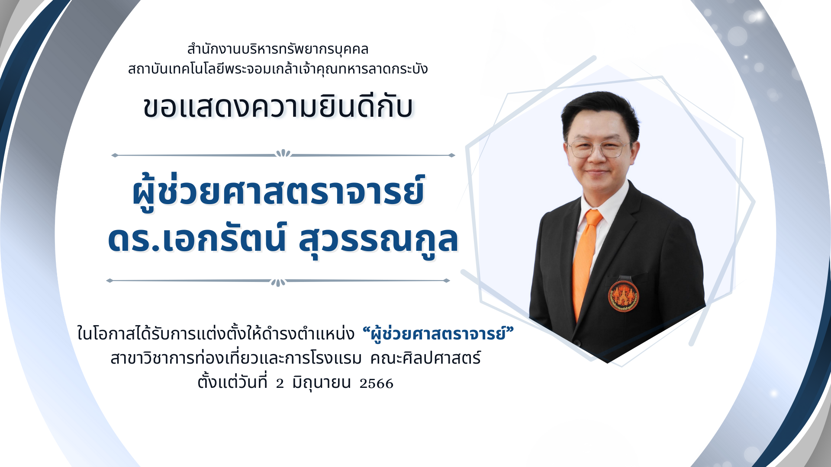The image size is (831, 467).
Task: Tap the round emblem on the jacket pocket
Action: pyautogui.click(x=623, y=296)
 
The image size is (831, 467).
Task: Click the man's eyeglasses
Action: pyautogui.click(x=599, y=149)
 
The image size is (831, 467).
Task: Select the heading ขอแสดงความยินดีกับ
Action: pyautogui.click(x=278, y=106)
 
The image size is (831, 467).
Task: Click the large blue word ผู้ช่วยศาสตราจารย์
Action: pyautogui.click(x=278, y=192)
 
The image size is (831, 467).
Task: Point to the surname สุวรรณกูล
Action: pyautogui.click(x=378, y=240)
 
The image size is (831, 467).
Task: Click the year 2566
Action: pyautogui.click(x=376, y=384)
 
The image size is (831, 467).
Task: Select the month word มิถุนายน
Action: pyautogui.click(x=321, y=383)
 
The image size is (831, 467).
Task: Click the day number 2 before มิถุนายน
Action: pyautogui.click(x=280, y=384)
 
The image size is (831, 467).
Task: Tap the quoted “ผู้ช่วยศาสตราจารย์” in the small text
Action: pyautogui.click(x=438, y=333)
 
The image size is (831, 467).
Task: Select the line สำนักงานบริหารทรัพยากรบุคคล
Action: pyautogui.click(x=277, y=49)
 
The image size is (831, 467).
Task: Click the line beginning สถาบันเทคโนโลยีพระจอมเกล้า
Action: pyautogui.click(x=278, y=68)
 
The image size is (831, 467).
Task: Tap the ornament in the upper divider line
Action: pyautogui.click(x=283, y=154)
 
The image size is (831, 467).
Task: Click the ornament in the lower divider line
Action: pyautogui.click(x=278, y=282)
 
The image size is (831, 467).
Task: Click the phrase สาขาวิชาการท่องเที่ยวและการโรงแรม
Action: pyautogui.click(x=236, y=358)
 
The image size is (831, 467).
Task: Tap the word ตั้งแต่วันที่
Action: pyautogui.click(x=232, y=381)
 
